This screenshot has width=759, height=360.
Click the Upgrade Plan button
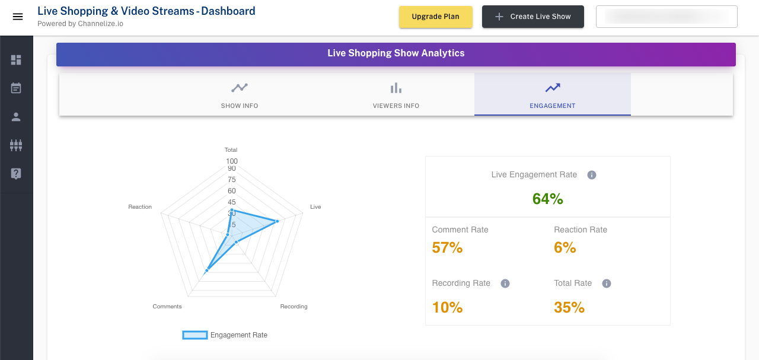[435, 17]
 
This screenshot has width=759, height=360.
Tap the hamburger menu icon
[18, 17]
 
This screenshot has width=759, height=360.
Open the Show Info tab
[240, 95]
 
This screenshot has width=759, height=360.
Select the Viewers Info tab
[396, 95]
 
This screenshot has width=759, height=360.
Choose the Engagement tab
[553, 95]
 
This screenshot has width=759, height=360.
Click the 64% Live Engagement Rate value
[547, 199]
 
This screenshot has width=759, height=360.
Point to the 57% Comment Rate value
[447, 248]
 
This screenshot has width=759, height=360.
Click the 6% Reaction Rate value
[565, 248]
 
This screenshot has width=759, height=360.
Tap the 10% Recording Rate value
[447, 307]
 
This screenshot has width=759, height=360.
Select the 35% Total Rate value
[569, 307]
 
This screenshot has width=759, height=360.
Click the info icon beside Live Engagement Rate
[591, 175]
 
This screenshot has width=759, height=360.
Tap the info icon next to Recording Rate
[505, 283]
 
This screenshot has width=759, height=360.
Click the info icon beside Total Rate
[606, 283]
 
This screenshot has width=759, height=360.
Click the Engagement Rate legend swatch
[195, 335]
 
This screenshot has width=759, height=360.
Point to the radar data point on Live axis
[277, 221]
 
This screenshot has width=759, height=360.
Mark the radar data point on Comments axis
[206, 270]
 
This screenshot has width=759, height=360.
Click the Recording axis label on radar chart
[294, 307]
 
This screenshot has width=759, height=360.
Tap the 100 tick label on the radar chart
[231, 161]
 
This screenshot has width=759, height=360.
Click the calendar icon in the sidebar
[16, 88]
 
